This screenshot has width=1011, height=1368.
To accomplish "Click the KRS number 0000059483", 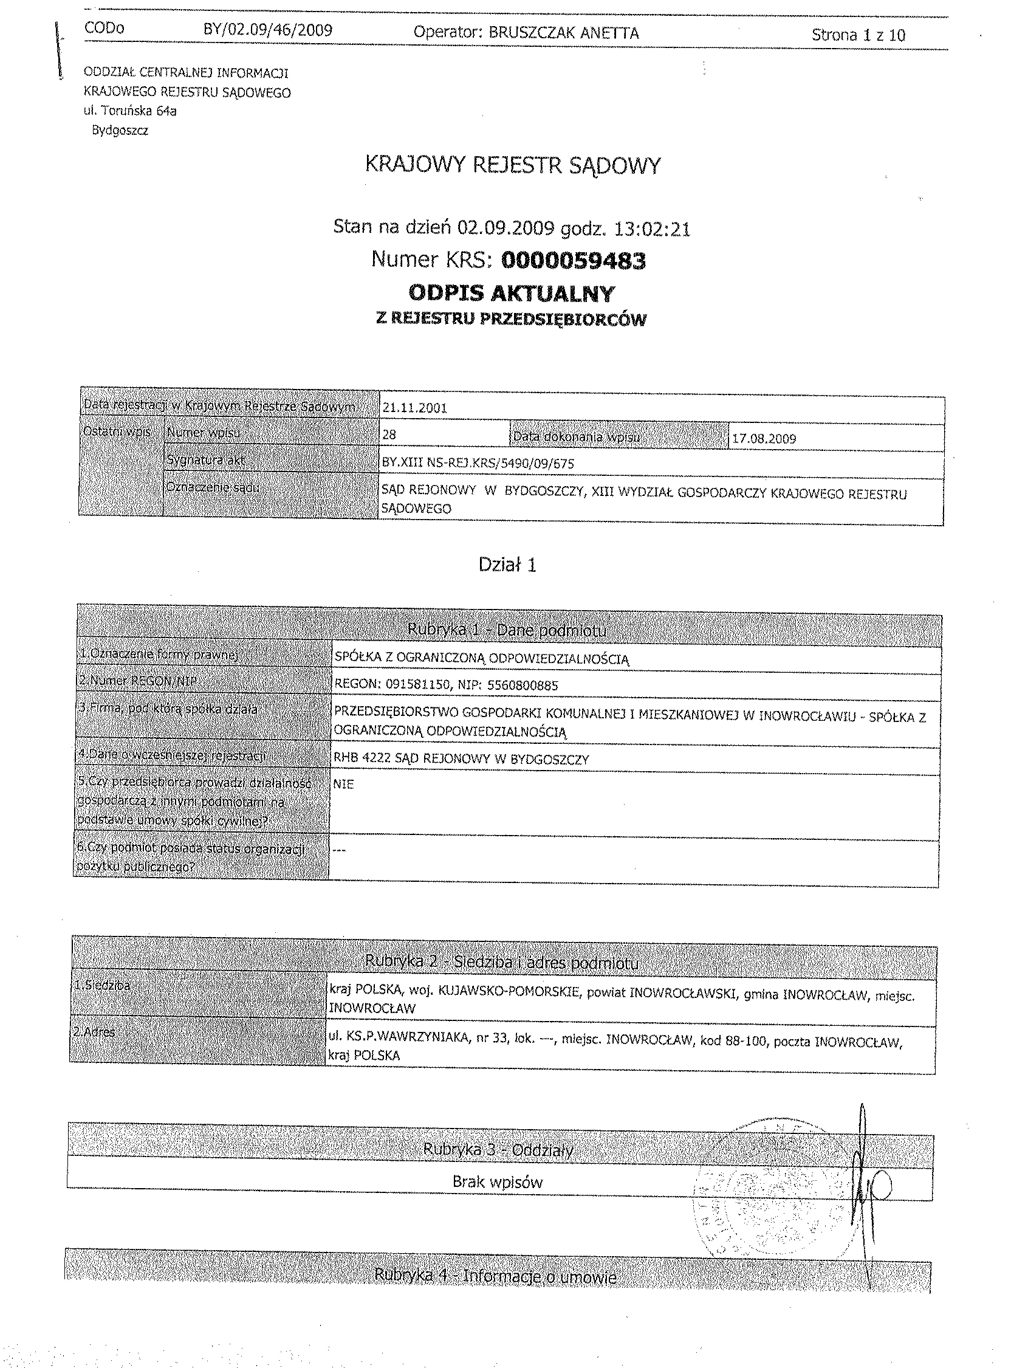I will pos(574,261).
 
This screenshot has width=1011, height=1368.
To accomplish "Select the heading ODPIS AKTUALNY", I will pos(511,294).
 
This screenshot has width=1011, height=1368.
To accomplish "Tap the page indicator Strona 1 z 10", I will pos(858,35).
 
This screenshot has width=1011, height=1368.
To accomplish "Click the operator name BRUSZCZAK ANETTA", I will pos(563,33).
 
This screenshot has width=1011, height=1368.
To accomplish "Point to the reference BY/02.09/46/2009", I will pos(267,30).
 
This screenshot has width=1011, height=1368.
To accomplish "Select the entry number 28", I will pos(389,435).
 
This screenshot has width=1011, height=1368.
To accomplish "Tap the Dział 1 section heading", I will pos(507,565).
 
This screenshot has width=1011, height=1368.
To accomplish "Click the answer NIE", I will pos(343,785).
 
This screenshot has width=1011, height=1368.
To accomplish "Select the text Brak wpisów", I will pos(498,1182).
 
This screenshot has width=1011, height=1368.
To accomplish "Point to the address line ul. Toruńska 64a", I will pos(131,111).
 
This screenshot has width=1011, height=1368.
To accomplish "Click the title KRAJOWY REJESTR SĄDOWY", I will pos(513,165).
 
